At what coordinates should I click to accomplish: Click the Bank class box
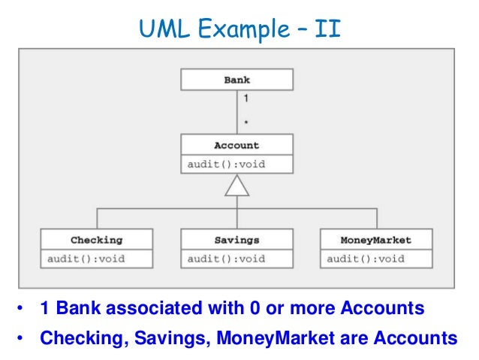point(236,80)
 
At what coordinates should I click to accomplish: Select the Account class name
point(236,145)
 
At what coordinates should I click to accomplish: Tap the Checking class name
point(96,241)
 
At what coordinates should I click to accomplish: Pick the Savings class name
point(236,241)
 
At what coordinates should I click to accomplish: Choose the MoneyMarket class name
point(376,241)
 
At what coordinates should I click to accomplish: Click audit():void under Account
point(226,164)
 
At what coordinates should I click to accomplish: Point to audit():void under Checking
point(86,259)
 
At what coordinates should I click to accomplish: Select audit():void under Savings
point(226,259)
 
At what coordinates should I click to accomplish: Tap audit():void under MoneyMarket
point(366,259)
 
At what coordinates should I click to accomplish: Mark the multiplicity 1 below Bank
point(246,98)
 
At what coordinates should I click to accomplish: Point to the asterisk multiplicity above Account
point(246,121)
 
